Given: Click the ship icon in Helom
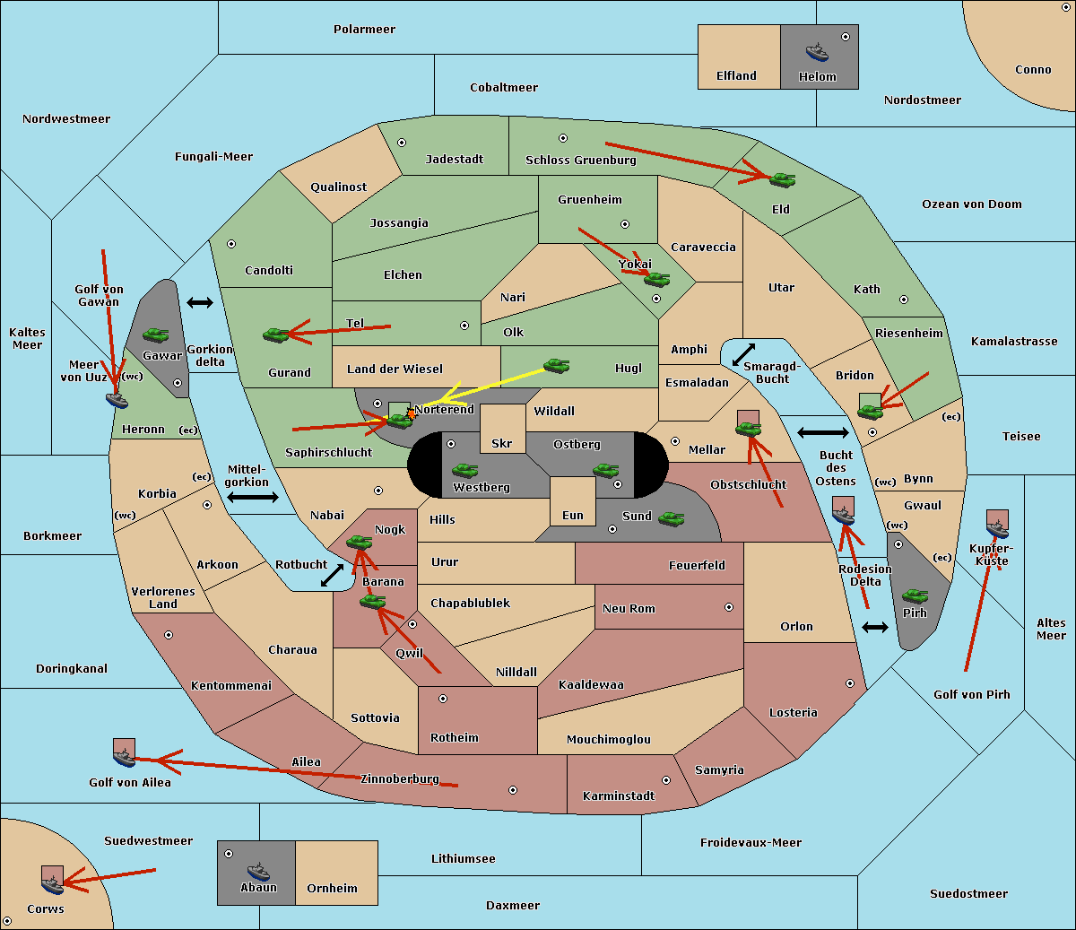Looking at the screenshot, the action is pos(817,52).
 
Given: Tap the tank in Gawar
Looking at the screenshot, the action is pos(156,335).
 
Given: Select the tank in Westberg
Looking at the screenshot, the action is pos(464,470).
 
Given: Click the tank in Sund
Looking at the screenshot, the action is pos(671,518).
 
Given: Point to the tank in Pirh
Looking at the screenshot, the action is pos(915,595).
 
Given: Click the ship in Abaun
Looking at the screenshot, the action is pos(258,871).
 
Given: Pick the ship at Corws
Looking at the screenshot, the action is pos(52,884).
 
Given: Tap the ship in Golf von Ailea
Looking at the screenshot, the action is pos(125,757).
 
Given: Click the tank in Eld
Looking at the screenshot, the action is pos(783,180).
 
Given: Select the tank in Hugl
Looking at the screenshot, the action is pos(556,366).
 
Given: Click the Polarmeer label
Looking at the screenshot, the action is pos(364,30).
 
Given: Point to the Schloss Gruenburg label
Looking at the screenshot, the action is pos(580,160).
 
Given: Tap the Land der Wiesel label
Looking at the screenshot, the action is pos(395,369).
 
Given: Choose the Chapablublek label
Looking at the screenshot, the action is pos(470,603).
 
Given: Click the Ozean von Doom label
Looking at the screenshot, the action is pos(971,204).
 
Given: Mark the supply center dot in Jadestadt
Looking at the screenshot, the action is pos(402,143).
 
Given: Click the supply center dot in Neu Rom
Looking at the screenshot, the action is pos(729,607).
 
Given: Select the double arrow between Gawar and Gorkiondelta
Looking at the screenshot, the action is pos(200,302).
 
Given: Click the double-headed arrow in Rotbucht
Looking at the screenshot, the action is pos(333,576).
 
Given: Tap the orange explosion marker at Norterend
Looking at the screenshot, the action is pos(412,414).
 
